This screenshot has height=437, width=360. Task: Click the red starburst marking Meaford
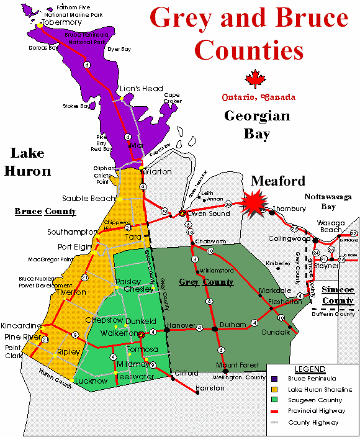pos(254,202)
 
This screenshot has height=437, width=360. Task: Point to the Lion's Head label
pos(142,89)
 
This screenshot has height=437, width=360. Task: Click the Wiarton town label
pos(158,171)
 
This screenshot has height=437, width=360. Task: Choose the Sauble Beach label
pos(89,199)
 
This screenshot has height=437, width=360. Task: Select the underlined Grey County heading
pos(206,282)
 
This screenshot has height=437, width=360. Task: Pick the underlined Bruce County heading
pos(45,212)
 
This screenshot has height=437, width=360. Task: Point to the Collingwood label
pos(289,238)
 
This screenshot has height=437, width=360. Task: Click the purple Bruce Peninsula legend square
pos(275,378)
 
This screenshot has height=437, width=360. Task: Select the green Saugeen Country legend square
pos(275,400)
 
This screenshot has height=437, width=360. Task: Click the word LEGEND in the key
pos(310,369)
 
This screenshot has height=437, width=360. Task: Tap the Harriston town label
pos(209,388)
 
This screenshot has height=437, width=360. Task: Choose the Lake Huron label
pos(30,161)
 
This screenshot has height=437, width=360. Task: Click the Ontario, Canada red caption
pos(259,97)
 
